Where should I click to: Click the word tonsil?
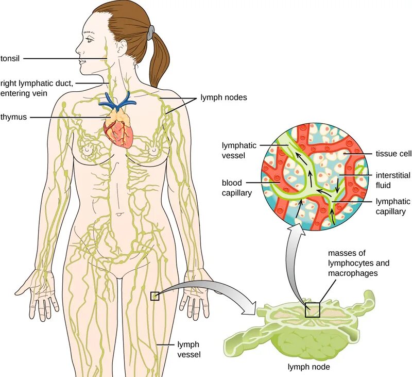[x=10, y=58]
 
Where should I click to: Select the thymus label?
[x=13, y=117]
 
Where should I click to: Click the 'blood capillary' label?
[x=236, y=188]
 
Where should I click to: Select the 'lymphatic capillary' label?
[x=393, y=206]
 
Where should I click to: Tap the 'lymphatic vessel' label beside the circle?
[x=238, y=150]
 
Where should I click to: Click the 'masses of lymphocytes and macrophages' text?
[x=358, y=263]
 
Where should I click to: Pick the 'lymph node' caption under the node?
[x=308, y=367]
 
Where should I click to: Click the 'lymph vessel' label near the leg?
[x=188, y=349]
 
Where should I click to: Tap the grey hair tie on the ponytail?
[x=149, y=33]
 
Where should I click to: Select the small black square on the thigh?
[x=154, y=296]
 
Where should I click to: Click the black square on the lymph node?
[x=312, y=309]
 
